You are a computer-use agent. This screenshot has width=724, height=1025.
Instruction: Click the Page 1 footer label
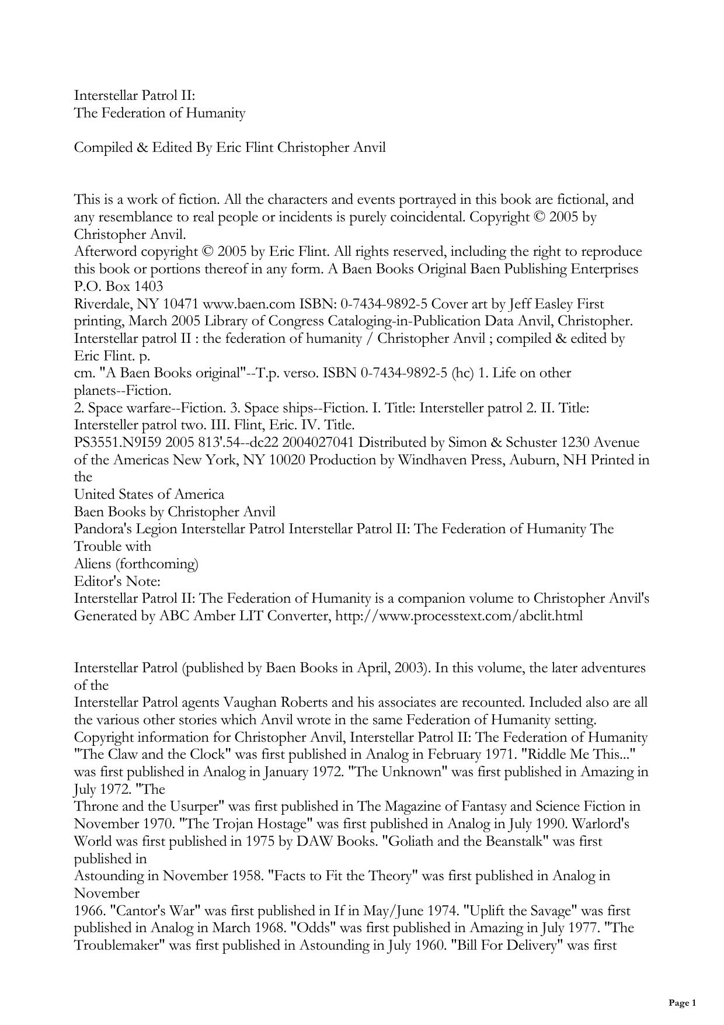(x=682, y=1003)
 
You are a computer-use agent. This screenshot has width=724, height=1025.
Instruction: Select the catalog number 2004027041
(x=318, y=443)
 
